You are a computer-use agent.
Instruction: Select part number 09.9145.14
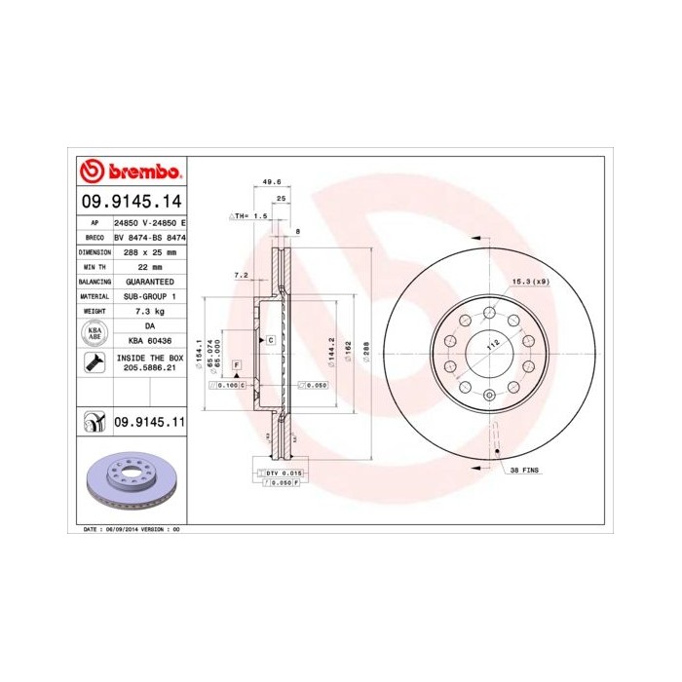pos(133,203)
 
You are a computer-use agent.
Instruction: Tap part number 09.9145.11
pos(149,422)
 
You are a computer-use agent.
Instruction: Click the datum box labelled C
pos(270,339)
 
